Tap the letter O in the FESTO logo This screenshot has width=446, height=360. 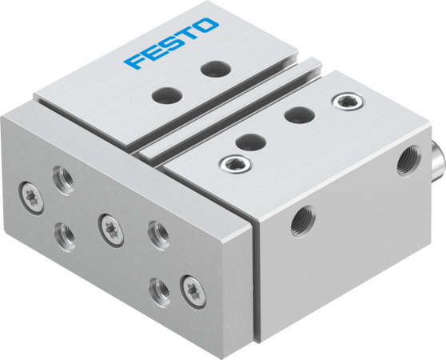coord(205,26)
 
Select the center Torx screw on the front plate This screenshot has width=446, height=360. coord(106,226)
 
